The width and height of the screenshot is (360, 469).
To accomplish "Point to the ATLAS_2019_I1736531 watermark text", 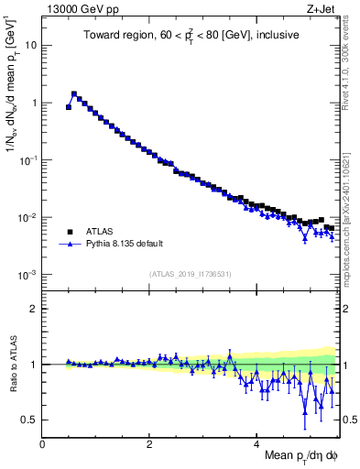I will [190, 274].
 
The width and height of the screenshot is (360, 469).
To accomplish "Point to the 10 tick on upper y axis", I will [31, 45].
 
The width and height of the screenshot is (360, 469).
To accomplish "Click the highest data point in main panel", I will [74, 93].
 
